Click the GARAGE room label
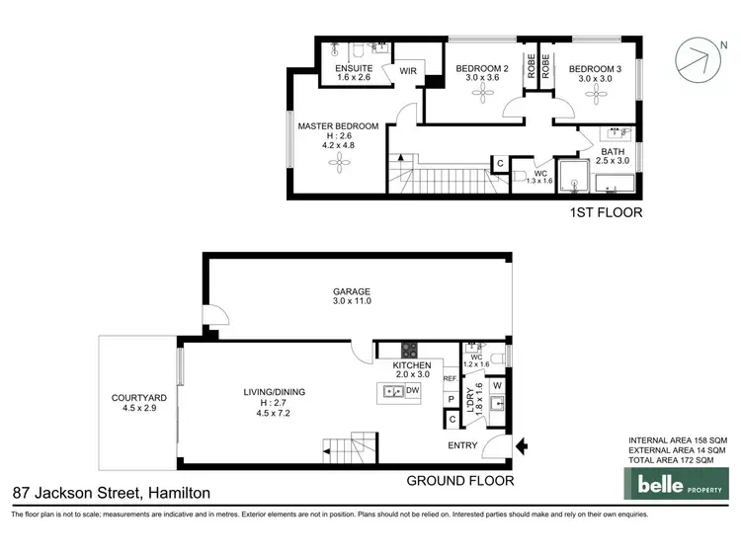coord(351,291)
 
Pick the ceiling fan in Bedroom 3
coord(593,95)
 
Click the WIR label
coord(408,71)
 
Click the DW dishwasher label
coord(411,391)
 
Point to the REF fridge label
coord(450,378)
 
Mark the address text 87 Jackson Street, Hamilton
coord(111,492)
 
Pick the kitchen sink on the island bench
coord(392,391)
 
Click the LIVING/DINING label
coord(275,392)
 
